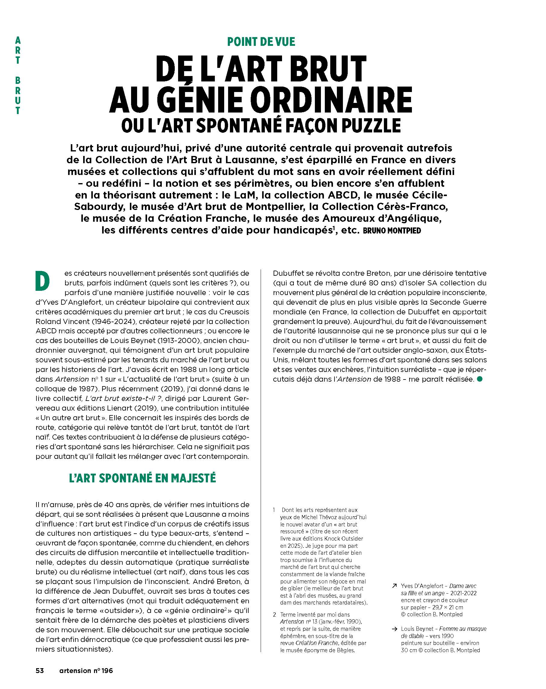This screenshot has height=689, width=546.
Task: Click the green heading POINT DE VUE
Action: (x=261, y=42)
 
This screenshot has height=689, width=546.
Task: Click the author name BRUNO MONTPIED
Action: (x=392, y=230)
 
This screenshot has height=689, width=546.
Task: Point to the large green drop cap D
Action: (x=42, y=281)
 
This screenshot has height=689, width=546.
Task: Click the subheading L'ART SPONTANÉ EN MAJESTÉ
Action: (x=143, y=478)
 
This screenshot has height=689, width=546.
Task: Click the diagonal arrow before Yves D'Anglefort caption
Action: (x=394, y=586)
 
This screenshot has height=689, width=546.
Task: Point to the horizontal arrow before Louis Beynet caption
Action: (x=394, y=629)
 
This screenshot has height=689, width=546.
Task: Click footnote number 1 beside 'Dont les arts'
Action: (x=274, y=510)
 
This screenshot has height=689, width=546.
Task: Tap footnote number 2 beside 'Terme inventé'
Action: (x=274, y=614)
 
